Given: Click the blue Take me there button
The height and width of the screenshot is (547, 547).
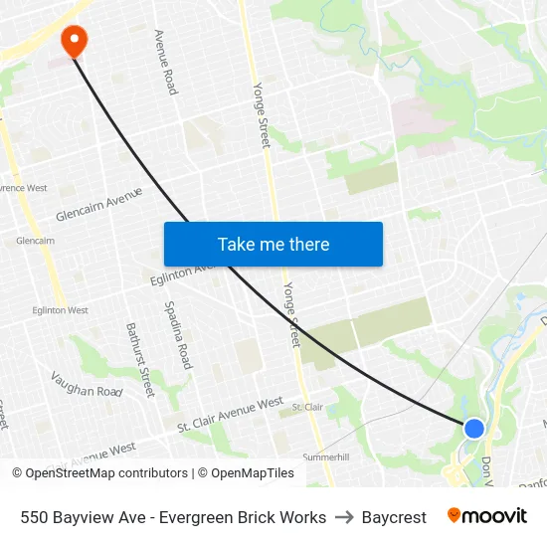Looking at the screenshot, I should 273,244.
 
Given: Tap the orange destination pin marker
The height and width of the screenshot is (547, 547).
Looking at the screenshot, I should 74,40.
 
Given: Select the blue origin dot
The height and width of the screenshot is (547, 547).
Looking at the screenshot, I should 474,428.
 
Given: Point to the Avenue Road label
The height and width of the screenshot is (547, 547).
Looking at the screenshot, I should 165,62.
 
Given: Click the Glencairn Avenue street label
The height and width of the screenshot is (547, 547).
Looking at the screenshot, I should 99,204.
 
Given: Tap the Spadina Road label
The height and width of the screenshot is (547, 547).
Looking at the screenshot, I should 177,335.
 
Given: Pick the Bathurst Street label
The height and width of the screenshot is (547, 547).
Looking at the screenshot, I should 140,359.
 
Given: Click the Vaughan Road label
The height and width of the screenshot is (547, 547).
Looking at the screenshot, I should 86,384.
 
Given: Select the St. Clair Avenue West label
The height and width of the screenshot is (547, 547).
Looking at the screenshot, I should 230,414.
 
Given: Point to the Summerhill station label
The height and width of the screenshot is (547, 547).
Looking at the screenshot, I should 325,456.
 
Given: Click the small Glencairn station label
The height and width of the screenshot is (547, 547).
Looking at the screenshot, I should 35,241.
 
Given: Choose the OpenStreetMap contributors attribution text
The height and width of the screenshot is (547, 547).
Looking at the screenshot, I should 100,473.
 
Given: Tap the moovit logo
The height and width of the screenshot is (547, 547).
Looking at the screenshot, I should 487,516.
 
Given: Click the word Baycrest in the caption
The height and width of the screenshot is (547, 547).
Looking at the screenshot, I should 394,517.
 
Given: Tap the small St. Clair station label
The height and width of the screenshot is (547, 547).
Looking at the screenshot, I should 307,407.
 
